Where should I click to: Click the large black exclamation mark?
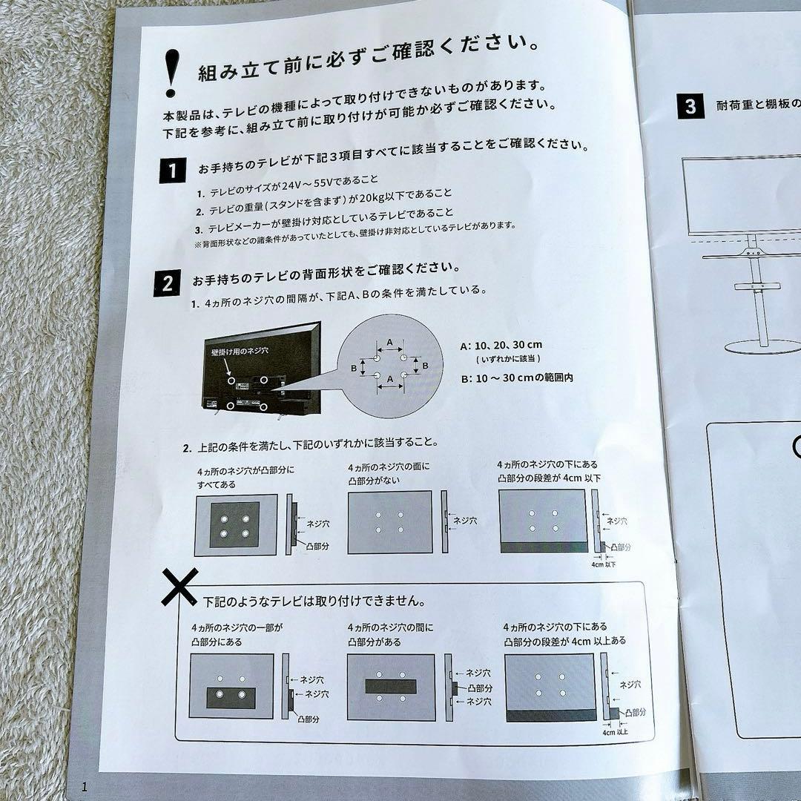tap(172, 73)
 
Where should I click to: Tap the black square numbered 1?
tap(172, 170)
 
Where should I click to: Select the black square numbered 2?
tap(167, 283)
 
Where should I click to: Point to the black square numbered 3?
tap(690, 106)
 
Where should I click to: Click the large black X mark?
tap(179, 587)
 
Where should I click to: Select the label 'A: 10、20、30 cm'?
tap(501, 346)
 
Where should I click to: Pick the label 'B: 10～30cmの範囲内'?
tap(517, 378)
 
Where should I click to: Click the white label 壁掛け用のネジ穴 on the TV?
tap(240, 352)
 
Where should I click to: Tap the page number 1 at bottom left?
tap(85, 787)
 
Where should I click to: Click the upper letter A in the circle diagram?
tap(390, 342)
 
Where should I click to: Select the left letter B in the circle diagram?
tap(354, 368)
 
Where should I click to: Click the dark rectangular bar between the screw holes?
tap(391, 686)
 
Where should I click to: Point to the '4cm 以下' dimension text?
tap(603, 564)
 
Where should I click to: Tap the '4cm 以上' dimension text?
tap(615, 732)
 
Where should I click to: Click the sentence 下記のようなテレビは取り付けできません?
tap(314, 601)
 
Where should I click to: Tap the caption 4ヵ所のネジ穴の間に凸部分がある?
tap(390, 634)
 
